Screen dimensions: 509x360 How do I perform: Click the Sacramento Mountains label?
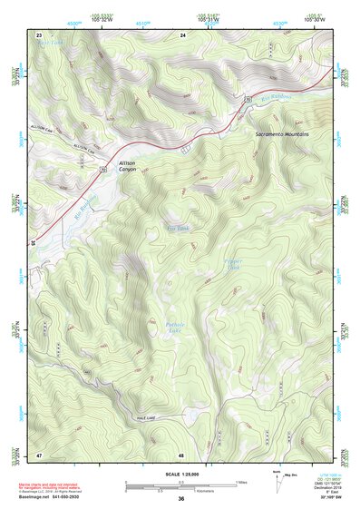pyautogui.click(x=282, y=133)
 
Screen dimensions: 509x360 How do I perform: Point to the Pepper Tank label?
pyautogui.click(x=233, y=264)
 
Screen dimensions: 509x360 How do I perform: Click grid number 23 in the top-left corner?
pyautogui.click(x=39, y=34)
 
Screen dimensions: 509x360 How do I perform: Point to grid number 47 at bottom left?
pyautogui.click(x=39, y=454)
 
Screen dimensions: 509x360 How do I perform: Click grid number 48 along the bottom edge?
pyautogui.click(x=181, y=454)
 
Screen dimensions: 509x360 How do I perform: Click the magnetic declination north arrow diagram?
pyautogui.click(x=275, y=484)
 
